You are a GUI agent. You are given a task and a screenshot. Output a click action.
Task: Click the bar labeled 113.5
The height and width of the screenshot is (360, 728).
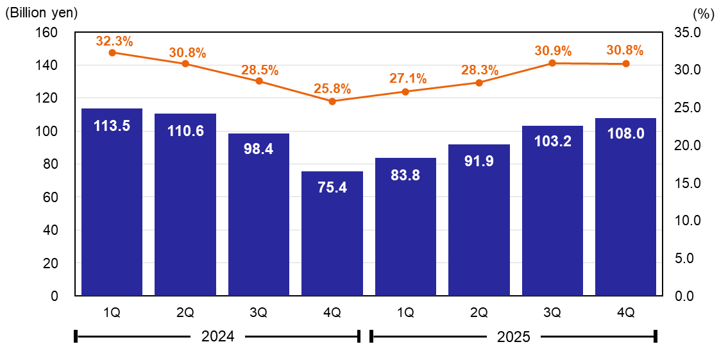coord(112,202)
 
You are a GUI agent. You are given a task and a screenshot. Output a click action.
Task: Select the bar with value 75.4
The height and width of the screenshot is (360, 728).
coord(332,234)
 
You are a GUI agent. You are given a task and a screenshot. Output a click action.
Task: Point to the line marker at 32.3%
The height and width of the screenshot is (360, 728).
coord(112,53)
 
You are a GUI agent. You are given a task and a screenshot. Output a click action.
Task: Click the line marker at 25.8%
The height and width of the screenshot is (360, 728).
coord(332,101)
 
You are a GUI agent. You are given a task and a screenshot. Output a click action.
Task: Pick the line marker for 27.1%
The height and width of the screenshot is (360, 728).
coord(405,92)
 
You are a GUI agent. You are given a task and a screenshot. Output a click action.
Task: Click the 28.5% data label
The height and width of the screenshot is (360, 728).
coord(260,70)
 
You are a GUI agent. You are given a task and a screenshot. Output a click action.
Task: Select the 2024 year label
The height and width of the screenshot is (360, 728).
coord(218,336)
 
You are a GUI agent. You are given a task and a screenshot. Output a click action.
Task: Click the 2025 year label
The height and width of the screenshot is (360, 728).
coord(514,336)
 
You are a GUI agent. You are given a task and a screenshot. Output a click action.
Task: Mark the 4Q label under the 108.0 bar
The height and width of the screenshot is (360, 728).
coord(625,313)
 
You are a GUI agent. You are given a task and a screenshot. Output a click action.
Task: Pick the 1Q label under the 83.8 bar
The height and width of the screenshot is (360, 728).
coord(405,313)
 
